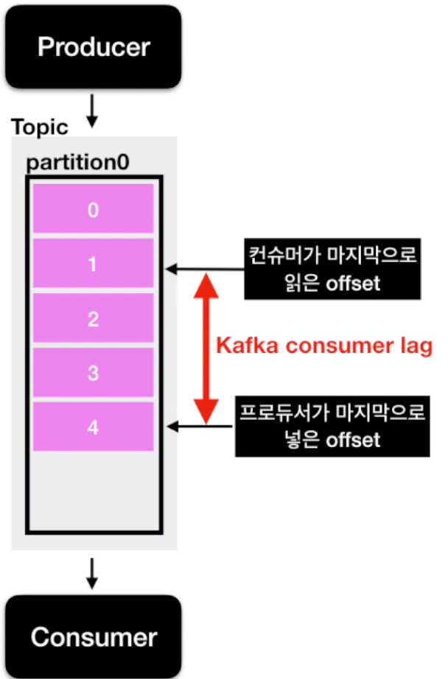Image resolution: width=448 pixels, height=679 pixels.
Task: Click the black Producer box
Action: [93, 47]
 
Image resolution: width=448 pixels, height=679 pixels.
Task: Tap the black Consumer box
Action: [93, 636]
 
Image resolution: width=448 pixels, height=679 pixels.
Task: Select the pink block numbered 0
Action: [93, 210]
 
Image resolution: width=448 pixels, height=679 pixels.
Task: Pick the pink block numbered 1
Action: [93, 264]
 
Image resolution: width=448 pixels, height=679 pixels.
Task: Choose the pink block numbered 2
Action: [93, 319]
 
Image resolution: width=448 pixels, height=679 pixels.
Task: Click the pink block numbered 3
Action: [93, 373]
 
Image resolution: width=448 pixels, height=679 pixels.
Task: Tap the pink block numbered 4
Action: [93, 426]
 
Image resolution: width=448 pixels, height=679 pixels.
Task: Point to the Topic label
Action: [39, 127]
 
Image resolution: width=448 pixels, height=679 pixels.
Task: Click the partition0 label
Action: [78, 163]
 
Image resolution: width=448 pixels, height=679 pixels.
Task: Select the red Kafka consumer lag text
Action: [323, 346]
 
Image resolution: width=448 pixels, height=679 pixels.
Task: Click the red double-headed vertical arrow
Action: [206, 346]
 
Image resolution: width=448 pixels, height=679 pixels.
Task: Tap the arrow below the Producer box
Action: [91, 109]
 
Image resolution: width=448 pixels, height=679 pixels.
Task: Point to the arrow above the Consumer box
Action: [91, 573]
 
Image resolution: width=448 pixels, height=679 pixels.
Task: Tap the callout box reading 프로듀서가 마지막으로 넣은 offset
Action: [331, 426]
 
